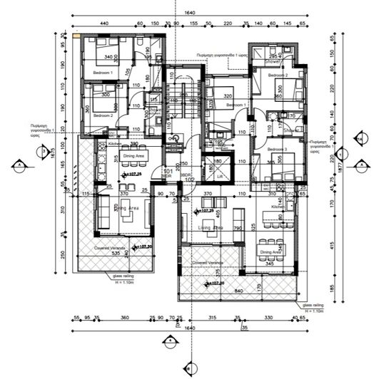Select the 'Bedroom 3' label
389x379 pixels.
click(x=278, y=149)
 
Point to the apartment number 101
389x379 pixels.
click(x=168, y=172)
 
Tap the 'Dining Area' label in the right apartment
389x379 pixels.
click(x=270, y=252)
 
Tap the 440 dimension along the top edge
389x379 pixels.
click(x=103, y=24)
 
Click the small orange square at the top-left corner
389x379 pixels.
click(x=76, y=33)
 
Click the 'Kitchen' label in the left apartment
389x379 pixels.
click(x=115, y=144)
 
